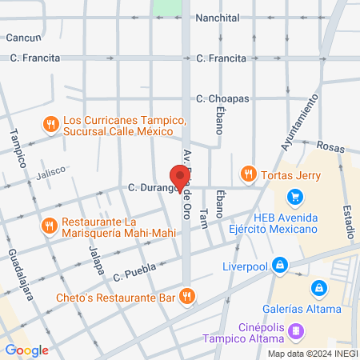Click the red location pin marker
click(180, 178)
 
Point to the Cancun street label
click(23, 38)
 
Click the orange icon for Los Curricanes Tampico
click(50, 123)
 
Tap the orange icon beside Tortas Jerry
click(248, 174)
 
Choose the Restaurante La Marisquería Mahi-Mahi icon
click(49, 226)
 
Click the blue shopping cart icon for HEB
click(295, 196)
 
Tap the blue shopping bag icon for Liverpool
click(279, 264)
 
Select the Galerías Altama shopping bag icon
click(318, 287)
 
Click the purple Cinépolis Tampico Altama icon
click(296, 329)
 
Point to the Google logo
click(27, 350)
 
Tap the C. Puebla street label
click(132, 274)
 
